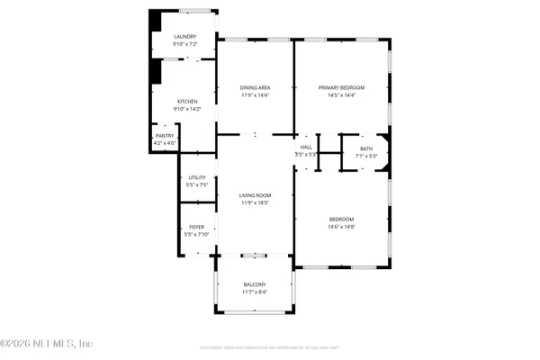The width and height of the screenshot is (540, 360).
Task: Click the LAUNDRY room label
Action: click(185, 37)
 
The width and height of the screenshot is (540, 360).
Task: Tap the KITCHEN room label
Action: click(186, 102)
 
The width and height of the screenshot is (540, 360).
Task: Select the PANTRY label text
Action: click(165, 136)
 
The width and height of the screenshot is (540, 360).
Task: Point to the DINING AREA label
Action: click(255, 87)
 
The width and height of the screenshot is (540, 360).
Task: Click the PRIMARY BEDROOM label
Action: click(341, 87)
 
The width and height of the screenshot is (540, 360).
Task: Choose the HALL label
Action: click(306, 148)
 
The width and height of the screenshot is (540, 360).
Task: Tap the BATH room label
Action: click(365, 148)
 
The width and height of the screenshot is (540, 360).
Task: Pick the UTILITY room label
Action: click(197, 178)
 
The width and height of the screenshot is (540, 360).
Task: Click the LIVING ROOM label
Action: click(255, 195)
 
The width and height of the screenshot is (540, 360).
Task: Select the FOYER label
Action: click(195, 228)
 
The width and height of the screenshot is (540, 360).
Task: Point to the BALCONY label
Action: click(255, 284)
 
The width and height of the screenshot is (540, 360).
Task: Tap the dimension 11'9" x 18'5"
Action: click(255, 203)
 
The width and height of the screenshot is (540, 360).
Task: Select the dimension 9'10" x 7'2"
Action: click(185, 44)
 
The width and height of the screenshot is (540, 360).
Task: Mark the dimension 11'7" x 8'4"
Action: click(255, 292)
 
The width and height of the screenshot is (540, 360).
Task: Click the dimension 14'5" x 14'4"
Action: click(341, 95)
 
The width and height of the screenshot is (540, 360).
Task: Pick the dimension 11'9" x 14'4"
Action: click(255, 95)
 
